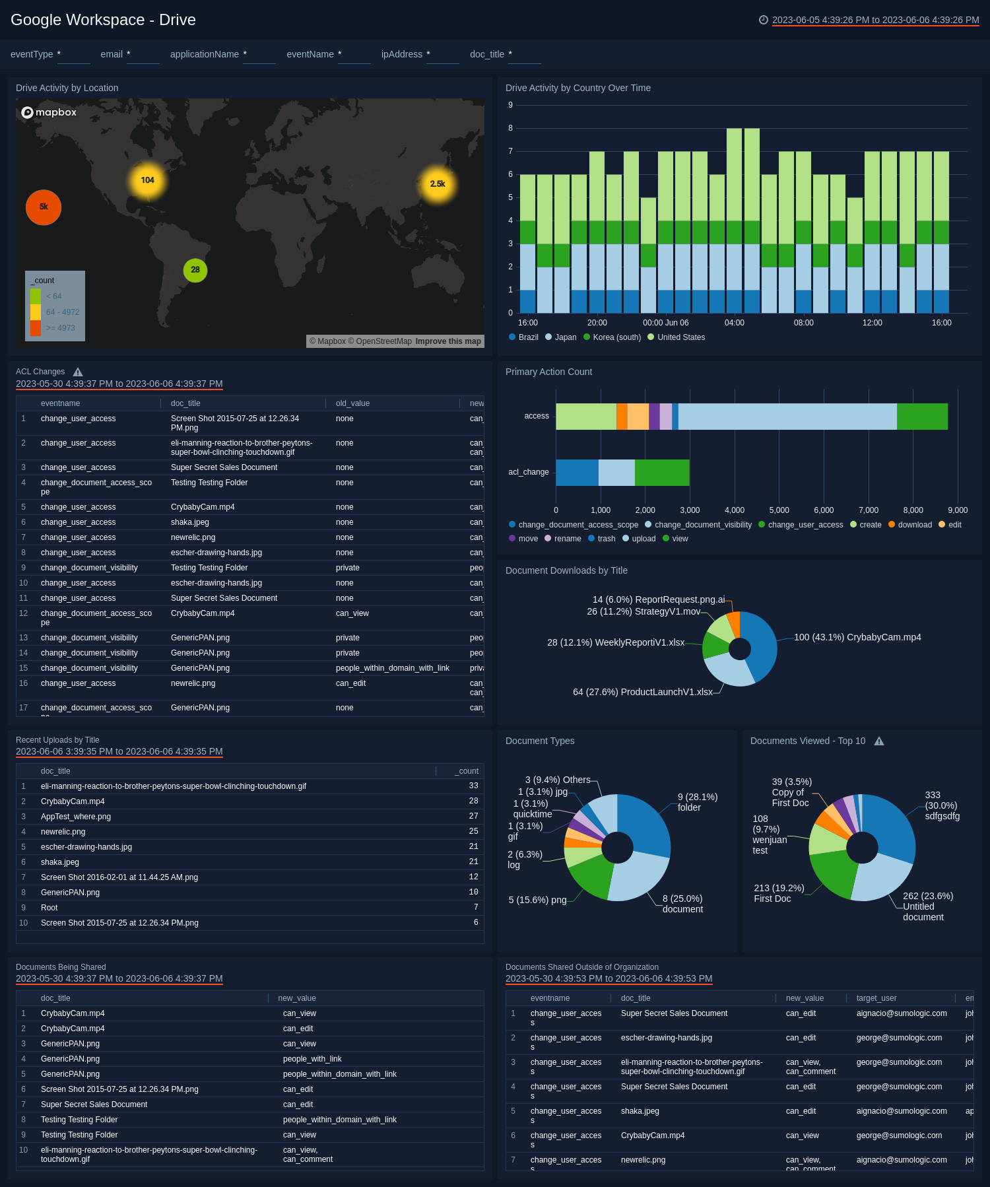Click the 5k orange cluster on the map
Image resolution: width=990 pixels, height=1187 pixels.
pyautogui.click(x=44, y=207)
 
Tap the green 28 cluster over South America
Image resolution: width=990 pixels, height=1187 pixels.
pyautogui.click(x=195, y=270)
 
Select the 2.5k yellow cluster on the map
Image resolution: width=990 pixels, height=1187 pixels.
pyautogui.click(x=438, y=184)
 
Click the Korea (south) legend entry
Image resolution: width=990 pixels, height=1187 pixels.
pyautogui.click(x=616, y=337)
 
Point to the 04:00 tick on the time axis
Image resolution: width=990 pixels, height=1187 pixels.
pyautogui.click(x=735, y=323)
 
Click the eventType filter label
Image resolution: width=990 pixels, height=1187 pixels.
pyautogui.click(x=32, y=54)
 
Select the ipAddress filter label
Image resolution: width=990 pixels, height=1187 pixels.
pyautogui.click(x=402, y=54)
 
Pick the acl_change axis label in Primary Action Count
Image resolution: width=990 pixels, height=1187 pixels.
pyautogui.click(x=529, y=472)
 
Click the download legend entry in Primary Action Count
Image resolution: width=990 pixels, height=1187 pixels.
pyautogui.click(x=915, y=525)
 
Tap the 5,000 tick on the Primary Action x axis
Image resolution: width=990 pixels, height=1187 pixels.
pyautogui.click(x=779, y=510)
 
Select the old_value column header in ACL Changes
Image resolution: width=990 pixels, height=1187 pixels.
pyautogui.click(x=352, y=403)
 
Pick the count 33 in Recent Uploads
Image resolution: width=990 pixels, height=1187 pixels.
pyautogui.click(x=473, y=786)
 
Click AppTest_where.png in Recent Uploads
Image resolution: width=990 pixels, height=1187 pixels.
pyautogui.click(x=76, y=817)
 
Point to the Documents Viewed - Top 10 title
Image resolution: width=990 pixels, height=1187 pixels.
pyautogui.click(x=808, y=741)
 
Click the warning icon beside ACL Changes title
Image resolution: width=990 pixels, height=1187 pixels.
pyautogui.click(x=78, y=372)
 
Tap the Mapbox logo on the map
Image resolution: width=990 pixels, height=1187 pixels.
pyautogui.click(x=49, y=112)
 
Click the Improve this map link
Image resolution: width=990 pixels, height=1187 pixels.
pyautogui.click(x=448, y=341)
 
